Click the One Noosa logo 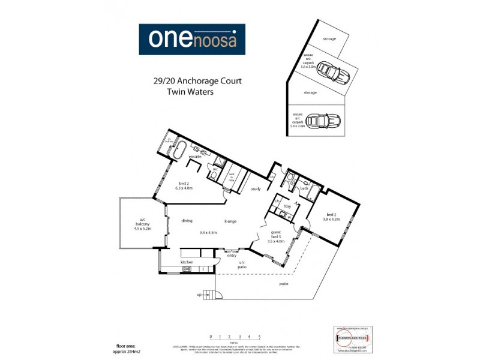tap(192, 40)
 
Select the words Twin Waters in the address tap(190, 93)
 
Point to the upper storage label tap(329, 39)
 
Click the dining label tap(187, 220)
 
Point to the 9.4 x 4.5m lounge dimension tap(208, 232)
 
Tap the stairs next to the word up tap(208, 295)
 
